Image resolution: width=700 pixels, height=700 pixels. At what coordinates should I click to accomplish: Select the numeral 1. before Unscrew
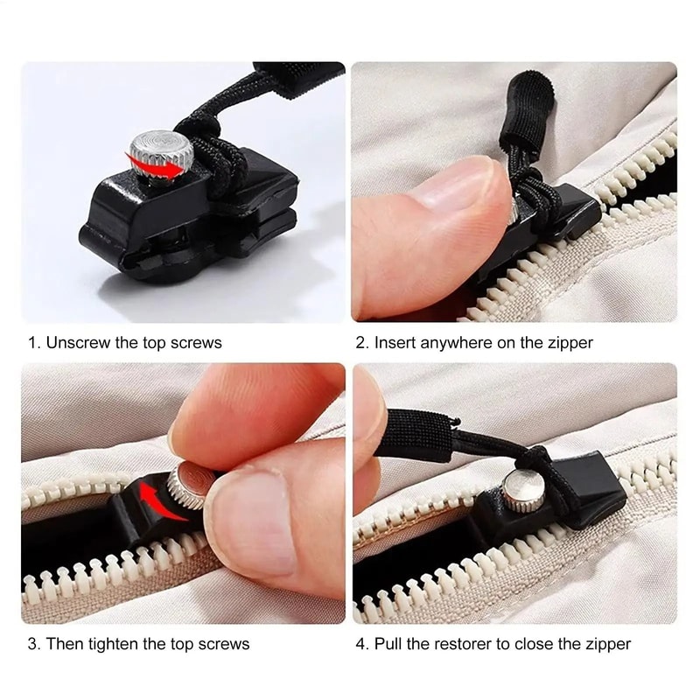pos(33,343)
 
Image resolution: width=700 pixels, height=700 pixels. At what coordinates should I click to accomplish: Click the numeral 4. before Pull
pos(362,644)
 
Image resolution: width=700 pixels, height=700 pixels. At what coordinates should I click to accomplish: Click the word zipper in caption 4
pos(609,644)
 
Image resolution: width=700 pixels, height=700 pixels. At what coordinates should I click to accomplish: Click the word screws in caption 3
pos(226,644)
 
